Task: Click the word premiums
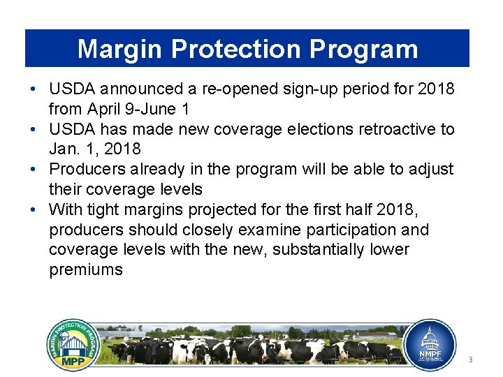point(86,270)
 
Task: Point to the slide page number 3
point(470,360)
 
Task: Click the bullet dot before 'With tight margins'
point(34,209)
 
